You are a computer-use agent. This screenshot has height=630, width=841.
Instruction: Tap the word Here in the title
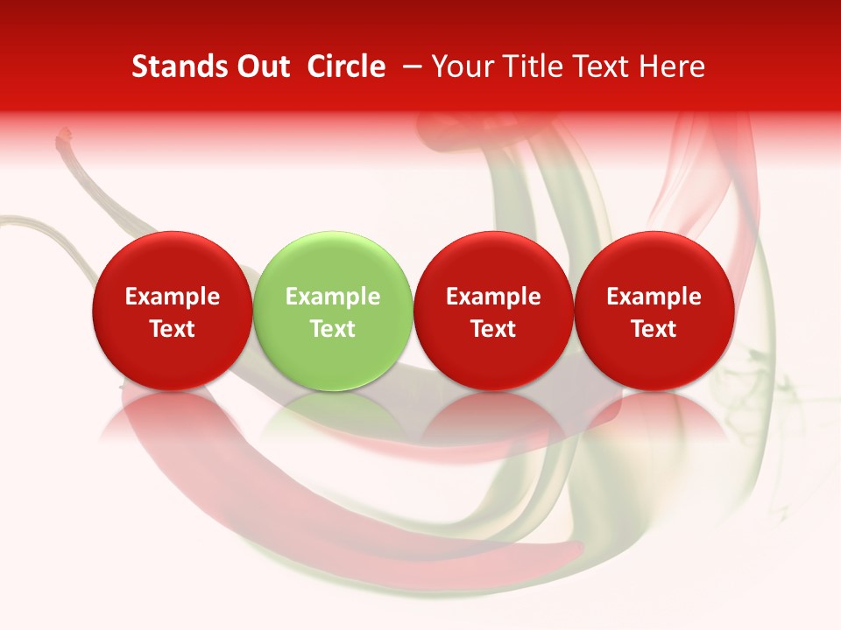tap(674, 67)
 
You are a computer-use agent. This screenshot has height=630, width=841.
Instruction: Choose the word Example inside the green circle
tap(333, 297)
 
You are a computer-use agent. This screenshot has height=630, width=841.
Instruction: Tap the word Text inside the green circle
tap(333, 329)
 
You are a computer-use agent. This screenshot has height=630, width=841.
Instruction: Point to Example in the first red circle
tap(172, 297)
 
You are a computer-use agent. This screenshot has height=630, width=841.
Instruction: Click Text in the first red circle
tap(172, 329)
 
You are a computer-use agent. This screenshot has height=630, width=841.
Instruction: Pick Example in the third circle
tap(493, 297)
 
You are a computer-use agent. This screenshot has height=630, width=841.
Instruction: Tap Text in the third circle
tap(493, 329)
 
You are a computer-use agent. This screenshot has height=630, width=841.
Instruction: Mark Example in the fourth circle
tap(654, 297)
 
